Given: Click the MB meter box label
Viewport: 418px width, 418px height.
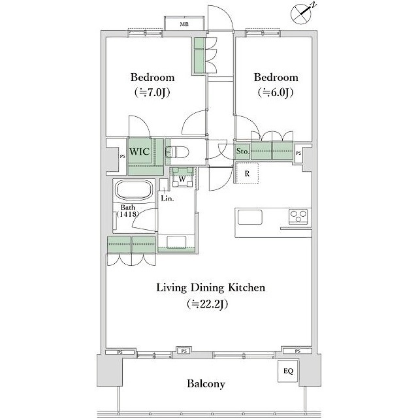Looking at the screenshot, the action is (184, 24).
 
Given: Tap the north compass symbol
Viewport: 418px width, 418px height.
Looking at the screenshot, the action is (302, 13).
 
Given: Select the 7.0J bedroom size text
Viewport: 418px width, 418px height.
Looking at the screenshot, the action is (152, 93).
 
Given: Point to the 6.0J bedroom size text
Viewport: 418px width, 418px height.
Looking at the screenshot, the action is (276, 93).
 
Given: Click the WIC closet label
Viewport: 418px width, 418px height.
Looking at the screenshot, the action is (139, 152).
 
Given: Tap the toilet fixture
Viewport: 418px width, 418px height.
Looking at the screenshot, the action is (177, 152).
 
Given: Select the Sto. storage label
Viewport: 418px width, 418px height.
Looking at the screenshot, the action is (242, 152).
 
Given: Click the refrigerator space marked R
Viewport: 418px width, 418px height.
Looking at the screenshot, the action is (247, 173).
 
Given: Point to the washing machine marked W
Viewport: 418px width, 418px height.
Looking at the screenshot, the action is (183, 177).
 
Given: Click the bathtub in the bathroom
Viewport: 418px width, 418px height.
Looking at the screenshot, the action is (135, 190).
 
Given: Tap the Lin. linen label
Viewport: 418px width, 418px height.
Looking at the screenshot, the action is (167, 199).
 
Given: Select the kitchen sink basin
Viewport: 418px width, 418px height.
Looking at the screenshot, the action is (249, 217).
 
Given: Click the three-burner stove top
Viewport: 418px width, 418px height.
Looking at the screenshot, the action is (298, 216).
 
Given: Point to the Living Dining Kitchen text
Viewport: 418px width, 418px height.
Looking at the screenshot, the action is (210, 288).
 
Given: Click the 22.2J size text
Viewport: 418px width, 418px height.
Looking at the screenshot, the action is (208, 304).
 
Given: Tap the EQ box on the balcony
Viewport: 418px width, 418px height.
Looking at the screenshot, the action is (288, 371).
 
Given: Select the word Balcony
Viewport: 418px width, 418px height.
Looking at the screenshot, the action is (206, 384).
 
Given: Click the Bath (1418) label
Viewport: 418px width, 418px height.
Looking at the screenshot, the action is (128, 210).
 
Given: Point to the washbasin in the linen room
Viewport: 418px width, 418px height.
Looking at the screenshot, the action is (176, 242).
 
